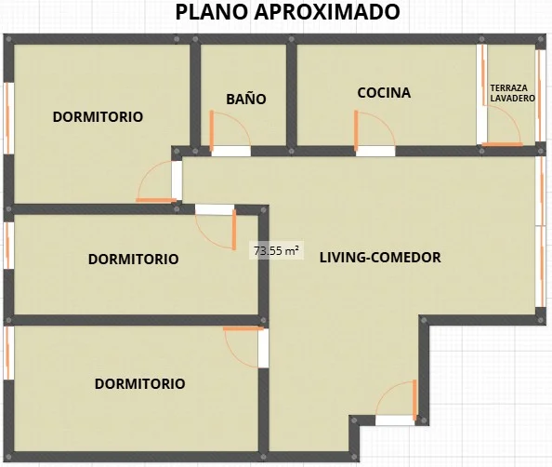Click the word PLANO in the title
click(212, 12)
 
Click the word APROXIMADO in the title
click(327, 12)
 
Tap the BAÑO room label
click(245, 99)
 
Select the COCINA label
click(384, 93)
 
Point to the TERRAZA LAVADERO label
click(512, 93)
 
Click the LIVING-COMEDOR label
click(380, 258)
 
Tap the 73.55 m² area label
click(276, 250)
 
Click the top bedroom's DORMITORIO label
click(98, 117)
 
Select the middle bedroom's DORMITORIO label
click(133, 259)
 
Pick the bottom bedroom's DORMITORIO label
click(139, 384)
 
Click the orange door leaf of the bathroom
click(212, 129)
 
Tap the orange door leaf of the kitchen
click(356, 129)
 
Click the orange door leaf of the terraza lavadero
click(502, 144)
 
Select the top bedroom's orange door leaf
click(156, 200)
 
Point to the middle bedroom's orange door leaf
click(234, 230)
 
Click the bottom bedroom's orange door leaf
click(243, 328)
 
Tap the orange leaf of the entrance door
click(414, 400)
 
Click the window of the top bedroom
click(8, 118)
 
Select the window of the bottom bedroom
click(8, 354)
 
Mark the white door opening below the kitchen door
click(375, 152)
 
